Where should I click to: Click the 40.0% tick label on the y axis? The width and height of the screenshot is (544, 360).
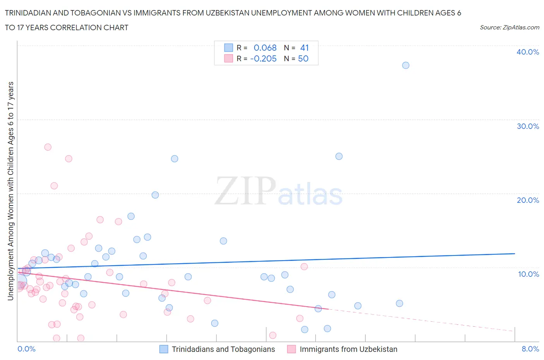(x=527, y=52)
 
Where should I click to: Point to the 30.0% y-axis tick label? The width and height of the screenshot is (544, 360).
(x=527, y=126)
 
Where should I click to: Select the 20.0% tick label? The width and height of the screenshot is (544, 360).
(x=527, y=200)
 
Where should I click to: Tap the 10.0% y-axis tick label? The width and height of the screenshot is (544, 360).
(x=528, y=274)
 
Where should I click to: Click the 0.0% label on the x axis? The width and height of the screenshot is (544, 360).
(x=26, y=349)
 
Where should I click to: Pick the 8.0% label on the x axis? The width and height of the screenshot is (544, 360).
(x=530, y=349)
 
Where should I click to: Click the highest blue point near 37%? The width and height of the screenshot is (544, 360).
(x=405, y=65)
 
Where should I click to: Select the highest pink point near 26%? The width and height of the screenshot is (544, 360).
(x=48, y=147)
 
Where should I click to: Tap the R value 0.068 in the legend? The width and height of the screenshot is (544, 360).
(x=265, y=48)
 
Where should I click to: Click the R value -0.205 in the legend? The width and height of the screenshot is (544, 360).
(x=263, y=58)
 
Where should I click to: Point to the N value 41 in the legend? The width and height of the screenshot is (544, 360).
(x=305, y=48)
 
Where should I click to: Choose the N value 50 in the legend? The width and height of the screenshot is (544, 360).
(x=303, y=58)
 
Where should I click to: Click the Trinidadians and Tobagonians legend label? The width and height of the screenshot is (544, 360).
(x=223, y=349)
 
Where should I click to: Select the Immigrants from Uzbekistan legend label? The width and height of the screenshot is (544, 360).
(x=348, y=349)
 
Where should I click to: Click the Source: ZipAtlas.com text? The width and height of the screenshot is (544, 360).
(x=509, y=27)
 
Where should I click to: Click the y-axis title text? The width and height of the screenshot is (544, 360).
(x=10, y=191)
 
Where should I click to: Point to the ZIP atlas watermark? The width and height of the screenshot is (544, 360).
(x=279, y=191)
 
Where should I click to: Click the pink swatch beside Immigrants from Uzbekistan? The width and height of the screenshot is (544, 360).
(x=291, y=349)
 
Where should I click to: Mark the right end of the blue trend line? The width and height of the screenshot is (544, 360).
(x=515, y=254)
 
